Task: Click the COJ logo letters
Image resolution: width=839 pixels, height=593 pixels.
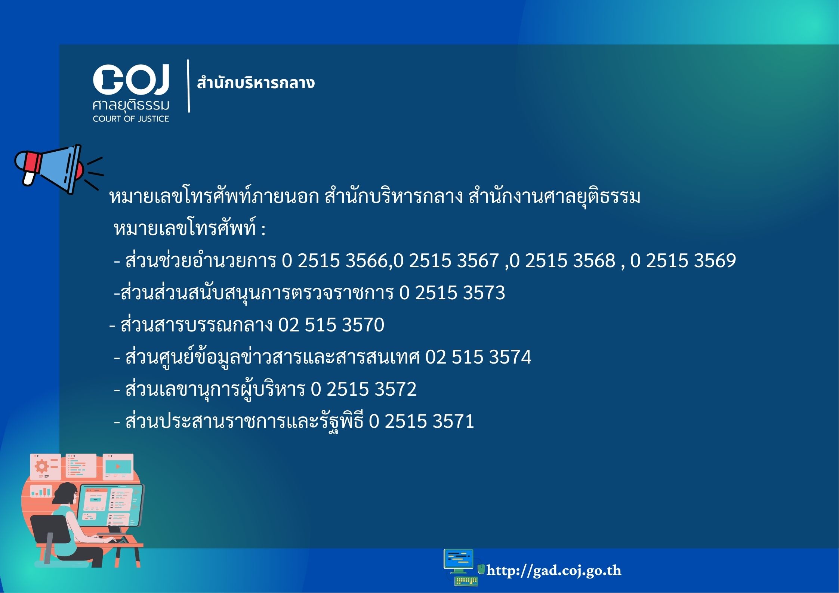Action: coord(131,79)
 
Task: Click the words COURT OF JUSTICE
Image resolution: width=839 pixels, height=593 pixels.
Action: coord(131,119)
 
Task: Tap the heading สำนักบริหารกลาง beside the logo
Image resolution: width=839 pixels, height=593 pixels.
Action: coord(256,82)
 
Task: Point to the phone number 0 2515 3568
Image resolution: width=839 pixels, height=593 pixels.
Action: coord(563,260)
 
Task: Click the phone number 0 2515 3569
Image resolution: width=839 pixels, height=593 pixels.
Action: coord(683,260)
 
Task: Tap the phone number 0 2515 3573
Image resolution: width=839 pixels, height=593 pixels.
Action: coord(452,293)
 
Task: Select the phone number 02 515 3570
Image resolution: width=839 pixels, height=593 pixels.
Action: coord(331,325)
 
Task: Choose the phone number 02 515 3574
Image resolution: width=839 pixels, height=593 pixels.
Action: coord(478,357)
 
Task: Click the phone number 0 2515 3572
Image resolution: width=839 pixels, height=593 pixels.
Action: coord(364,389)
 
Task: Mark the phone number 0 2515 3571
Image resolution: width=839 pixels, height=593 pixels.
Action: coord(422,421)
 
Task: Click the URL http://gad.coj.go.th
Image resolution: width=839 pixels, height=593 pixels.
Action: coord(554,571)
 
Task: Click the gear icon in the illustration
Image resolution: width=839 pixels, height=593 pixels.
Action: coord(41,466)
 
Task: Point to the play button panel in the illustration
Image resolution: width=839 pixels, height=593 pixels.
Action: coord(118,467)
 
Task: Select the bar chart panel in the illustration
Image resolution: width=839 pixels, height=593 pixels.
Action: coord(41,491)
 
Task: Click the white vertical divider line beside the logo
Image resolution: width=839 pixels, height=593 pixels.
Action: coord(188,86)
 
